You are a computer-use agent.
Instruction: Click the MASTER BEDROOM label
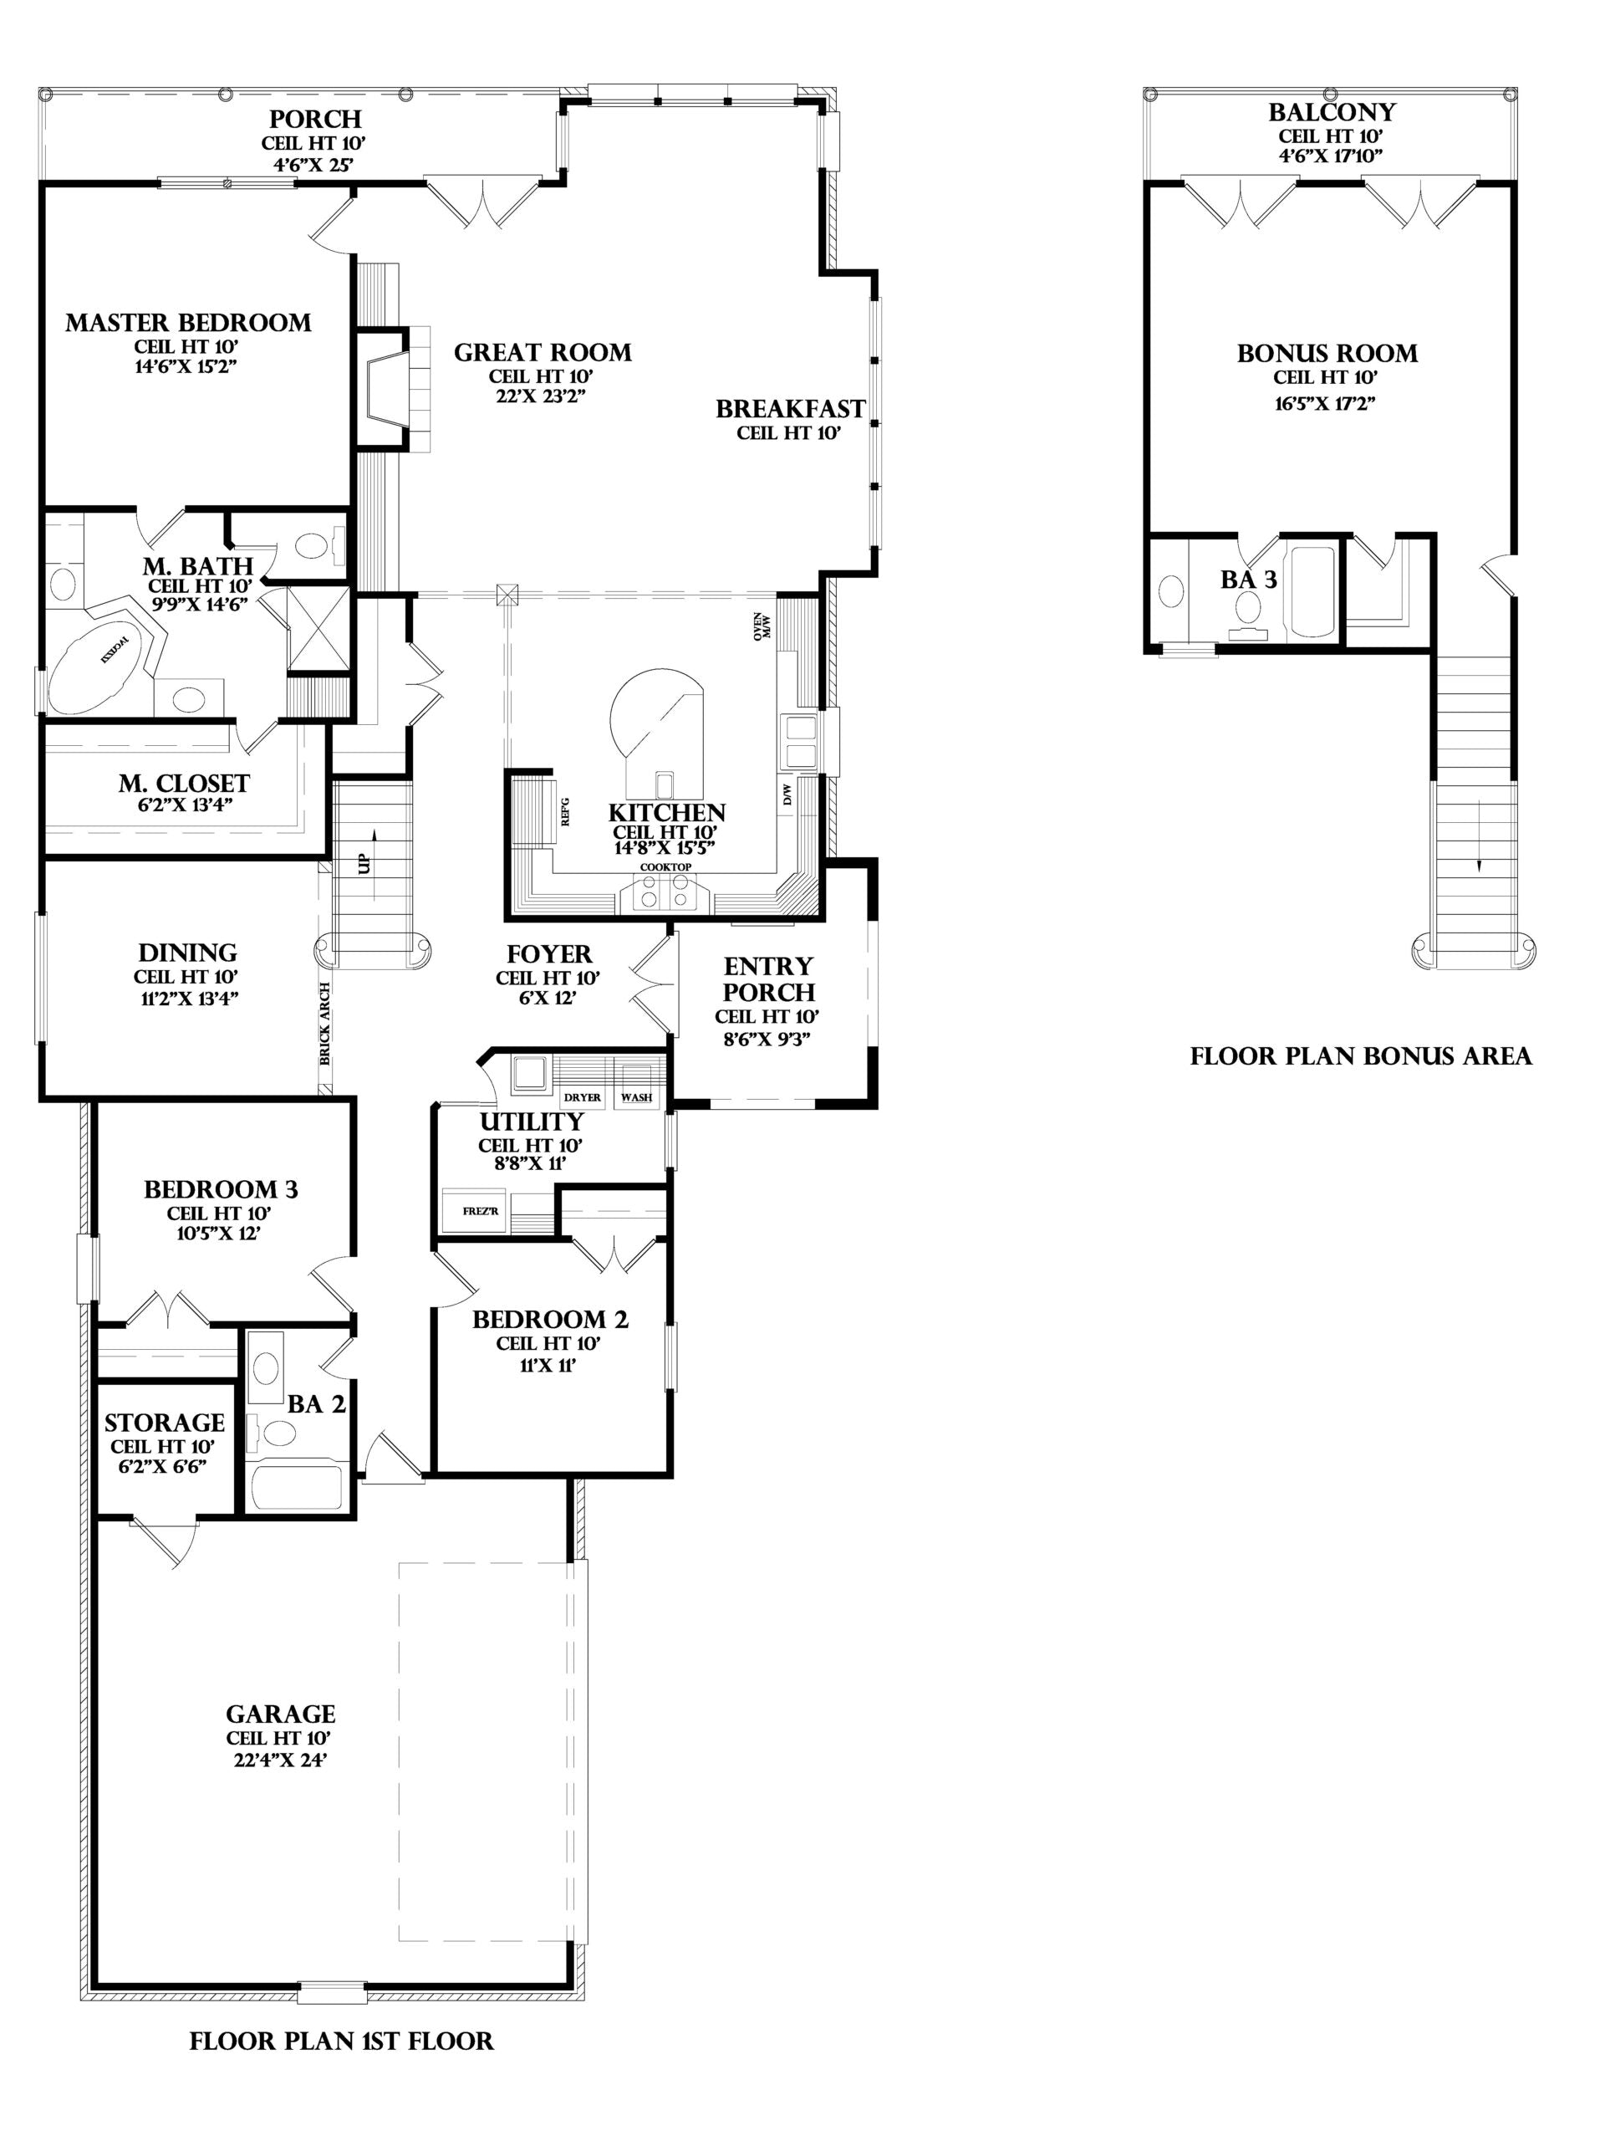point(189,324)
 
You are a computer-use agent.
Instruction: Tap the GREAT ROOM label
point(543,352)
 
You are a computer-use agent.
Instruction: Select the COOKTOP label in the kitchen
point(665,867)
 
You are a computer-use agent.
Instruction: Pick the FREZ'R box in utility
point(474,1211)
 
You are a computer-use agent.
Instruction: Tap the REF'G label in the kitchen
point(565,811)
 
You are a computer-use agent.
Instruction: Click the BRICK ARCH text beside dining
point(325,1024)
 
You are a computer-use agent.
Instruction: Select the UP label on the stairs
point(364,862)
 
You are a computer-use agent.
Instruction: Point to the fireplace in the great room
point(389,388)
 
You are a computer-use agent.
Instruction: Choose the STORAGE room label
point(165,1422)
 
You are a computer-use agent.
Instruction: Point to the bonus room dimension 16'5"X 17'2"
point(1326,402)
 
